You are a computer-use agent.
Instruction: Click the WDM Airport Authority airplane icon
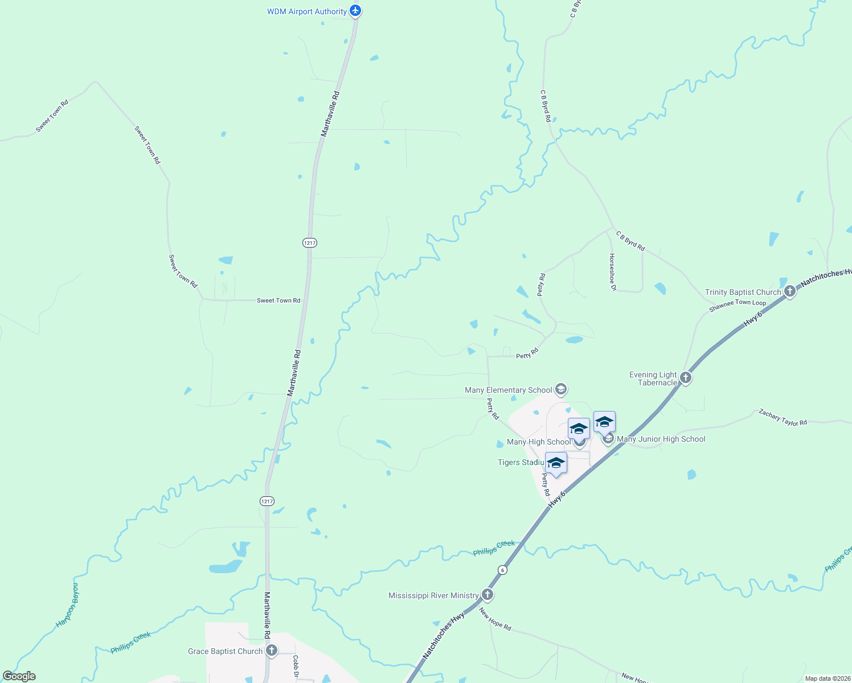(x=355, y=11)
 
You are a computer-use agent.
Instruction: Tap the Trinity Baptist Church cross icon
(x=789, y=292)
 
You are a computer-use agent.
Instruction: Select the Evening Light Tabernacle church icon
(x=686, y=377)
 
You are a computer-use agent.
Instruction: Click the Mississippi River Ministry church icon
(x=487, y=595)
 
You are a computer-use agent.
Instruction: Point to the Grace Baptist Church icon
(x=272, y=651)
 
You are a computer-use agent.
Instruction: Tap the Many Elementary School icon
(x=561, y=389)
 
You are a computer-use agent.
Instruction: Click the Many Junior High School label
(x=661, y=439)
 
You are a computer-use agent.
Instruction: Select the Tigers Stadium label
(x=521, y=462)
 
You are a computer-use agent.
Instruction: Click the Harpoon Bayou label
(x=68, y=605)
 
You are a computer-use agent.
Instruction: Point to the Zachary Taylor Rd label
(x=783, y=417)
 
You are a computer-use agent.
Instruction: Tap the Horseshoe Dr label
(x=612, y=272)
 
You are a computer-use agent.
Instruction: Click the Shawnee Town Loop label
(x=738, y=306)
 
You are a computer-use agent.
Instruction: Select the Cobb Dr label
(x=296, y=666)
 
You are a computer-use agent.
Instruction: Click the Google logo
(x=19, y=676)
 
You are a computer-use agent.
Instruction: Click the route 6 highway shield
(x=502, y=570)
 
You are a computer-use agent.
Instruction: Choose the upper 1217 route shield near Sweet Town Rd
(x=309, y=242)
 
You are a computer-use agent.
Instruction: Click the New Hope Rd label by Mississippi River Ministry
(x=495, y=619)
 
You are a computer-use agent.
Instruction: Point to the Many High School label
(x=538, y=442)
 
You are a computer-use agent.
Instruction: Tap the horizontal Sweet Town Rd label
(x=278, y=300)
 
